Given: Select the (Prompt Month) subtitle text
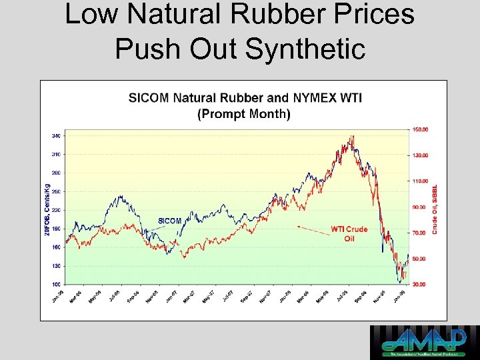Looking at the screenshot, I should click(244, 113).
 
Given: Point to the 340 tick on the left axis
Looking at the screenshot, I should click(55, 136).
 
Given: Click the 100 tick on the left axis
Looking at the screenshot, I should click(55, 285).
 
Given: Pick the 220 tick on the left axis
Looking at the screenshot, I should click(55, 210).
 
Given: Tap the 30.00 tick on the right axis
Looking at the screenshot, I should click(421, 285).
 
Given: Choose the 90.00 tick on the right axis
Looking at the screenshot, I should click(421, 207).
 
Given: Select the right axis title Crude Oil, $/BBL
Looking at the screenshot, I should click(435, 209).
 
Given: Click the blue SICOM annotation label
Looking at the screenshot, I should click(169, 221).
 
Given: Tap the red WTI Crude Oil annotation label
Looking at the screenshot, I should click(349, 234).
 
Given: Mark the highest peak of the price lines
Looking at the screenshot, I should click(352, 137).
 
